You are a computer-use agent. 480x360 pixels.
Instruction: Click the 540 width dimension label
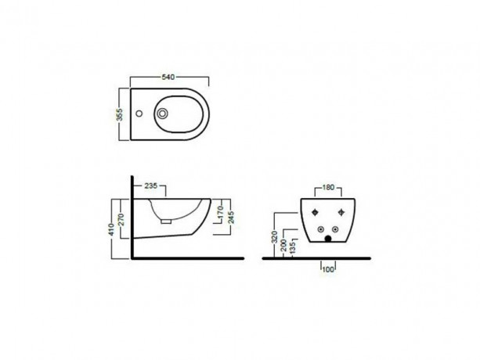168,77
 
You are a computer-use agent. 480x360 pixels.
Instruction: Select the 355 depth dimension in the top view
121,115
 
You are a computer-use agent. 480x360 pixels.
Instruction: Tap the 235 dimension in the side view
151,185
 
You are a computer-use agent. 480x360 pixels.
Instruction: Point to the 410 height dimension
111,229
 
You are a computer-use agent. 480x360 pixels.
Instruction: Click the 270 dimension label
121,219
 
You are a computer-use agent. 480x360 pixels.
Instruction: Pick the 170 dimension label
220,212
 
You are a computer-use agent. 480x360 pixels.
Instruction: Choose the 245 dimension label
232,218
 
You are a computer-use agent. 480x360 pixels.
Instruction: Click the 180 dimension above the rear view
328,187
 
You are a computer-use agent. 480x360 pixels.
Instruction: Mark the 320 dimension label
275,237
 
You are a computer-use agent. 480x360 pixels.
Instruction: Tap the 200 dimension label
283,245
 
